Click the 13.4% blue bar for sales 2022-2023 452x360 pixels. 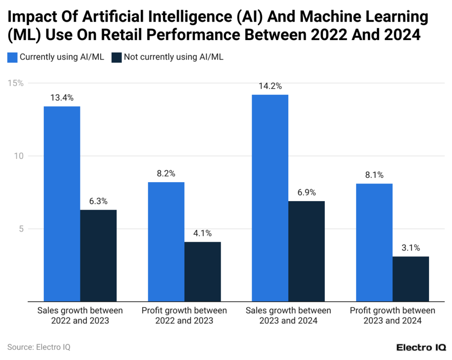click(x=62, y=204)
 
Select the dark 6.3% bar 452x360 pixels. click(x=98, y=255)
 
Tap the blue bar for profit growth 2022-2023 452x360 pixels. click(x=166, y=242)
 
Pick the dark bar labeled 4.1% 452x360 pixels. click(x=203, y=271)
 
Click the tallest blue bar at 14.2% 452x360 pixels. click(x=270, y=198)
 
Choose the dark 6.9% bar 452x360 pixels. click(x=306, y=251)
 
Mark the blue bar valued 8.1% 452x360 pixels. click(x=374, y=242)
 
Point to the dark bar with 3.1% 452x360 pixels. click(x=411, y=279)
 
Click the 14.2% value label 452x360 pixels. click(x=270, y=86)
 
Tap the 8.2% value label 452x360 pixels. click(x=166, y=173)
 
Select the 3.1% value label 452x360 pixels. click(x=411, y=247)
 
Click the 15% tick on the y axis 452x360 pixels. click(x=17, y=83)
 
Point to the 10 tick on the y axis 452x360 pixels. click(x=19, y=156)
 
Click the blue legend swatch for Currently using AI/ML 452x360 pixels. click(x=12, y=57)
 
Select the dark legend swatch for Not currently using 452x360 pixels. click(x=116, y=57)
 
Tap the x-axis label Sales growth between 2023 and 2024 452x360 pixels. click(x=288, y=315)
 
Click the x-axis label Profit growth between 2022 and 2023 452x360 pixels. click(x=184, y=315)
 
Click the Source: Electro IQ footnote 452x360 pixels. click(x=39, y=347)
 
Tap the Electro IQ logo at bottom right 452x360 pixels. click(x=421, y=347)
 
